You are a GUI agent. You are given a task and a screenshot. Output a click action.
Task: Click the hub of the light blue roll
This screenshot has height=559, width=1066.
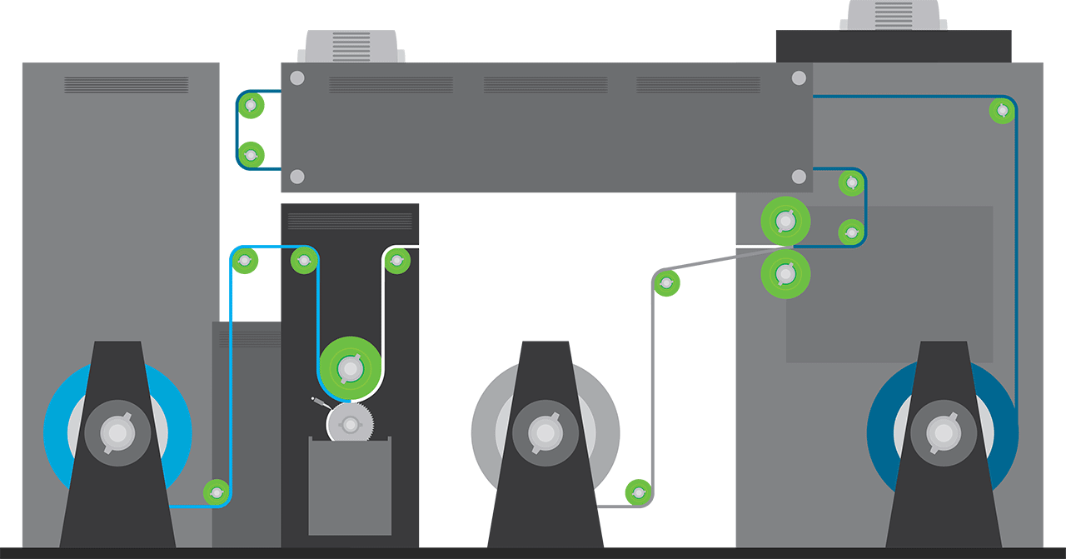click(x=117, y=433)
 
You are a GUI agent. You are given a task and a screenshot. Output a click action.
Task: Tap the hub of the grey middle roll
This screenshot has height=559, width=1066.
click(x=545, y=433)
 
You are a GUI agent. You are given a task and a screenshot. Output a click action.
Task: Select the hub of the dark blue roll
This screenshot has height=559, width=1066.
click(x=943, y=433)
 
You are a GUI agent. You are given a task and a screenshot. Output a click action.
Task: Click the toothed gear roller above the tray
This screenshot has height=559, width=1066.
click(x=351, y=425)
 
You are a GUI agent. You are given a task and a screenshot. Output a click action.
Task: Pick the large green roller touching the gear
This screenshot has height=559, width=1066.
click(x=351, y=367)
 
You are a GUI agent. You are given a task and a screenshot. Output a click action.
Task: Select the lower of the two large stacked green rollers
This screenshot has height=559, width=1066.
click(x=785, y=273)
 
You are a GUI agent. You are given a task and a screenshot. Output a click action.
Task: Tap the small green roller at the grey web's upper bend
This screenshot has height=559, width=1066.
click(x=666, y=283)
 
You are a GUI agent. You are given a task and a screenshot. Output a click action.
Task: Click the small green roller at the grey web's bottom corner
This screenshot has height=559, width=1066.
click(x=638, y=492)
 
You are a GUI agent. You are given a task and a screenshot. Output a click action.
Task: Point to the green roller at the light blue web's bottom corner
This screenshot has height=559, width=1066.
click(x=217, y=492)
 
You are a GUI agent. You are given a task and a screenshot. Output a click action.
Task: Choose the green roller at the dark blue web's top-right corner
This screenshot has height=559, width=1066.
click(x=1003, y=110)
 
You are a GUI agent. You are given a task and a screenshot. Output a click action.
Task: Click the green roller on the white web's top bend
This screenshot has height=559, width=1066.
click(x=397, y=262)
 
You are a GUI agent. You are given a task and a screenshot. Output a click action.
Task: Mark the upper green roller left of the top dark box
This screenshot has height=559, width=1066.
click(x=251, y=105)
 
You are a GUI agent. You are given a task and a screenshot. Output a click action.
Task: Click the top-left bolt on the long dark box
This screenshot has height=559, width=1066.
click(x=296, y=78)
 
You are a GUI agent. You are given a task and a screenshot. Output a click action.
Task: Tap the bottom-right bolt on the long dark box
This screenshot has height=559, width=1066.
click(x=799, y=177)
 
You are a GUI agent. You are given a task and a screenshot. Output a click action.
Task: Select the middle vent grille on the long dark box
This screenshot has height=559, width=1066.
click(x=545, y=85)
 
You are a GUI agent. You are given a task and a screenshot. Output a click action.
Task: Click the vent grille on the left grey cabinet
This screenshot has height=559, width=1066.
click(x=126, y=85)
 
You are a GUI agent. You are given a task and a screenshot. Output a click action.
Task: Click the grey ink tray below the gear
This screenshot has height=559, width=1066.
click(x=350, y=487)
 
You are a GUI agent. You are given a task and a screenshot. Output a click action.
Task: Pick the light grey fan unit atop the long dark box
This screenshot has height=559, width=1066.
click(x=354, y=47)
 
